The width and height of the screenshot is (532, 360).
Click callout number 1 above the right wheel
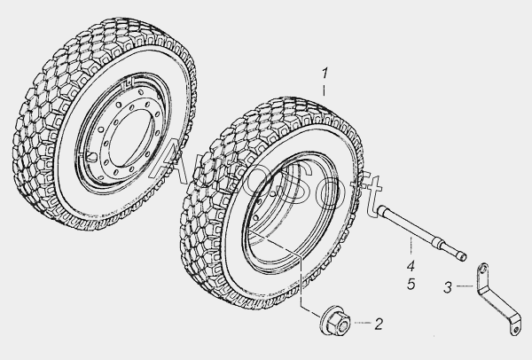coord(325,74)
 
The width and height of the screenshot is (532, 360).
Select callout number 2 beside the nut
coord(379,324)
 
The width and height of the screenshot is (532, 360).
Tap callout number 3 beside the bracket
coord(448,287)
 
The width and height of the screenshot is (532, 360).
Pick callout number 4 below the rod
coord(411,266)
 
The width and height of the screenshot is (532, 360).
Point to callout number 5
coord(411,284)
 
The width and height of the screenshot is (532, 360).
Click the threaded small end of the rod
coord(462,256)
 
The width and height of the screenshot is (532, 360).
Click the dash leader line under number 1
coord(324,90)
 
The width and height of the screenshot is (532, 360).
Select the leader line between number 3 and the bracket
coord(465,286)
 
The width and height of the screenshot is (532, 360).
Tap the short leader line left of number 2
coord(363,323)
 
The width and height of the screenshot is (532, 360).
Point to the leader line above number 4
coord(411,246)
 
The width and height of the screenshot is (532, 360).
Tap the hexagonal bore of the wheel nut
coord(343,325)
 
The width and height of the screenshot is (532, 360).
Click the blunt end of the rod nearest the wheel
coord(380,210)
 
